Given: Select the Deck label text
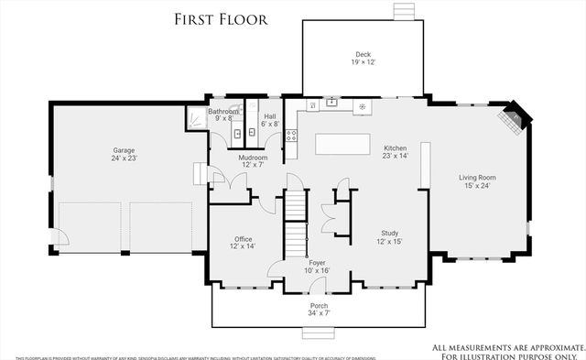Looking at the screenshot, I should point(364,54).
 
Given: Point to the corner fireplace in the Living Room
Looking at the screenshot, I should point(510,121).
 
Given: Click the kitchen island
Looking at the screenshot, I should point(343,145).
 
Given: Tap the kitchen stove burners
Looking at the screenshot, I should point(293,137).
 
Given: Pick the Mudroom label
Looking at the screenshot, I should point(253,158).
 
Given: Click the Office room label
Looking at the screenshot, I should point(244,239).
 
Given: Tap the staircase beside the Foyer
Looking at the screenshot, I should point(293,225).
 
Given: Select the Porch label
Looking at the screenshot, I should point(319,306).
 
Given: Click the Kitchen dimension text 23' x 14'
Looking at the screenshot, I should point(395,156).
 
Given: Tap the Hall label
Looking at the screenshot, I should point(270,116).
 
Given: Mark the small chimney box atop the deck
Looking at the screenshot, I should point(401,11).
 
